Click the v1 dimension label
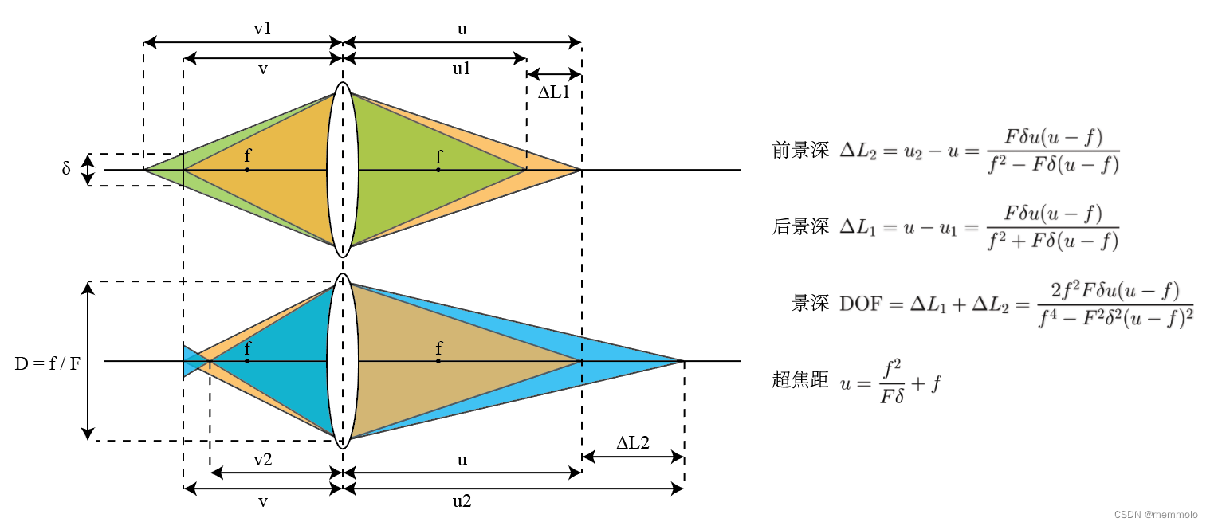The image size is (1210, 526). tap(262, 29)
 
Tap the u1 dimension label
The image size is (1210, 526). tap(462, 69)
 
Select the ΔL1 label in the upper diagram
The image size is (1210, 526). tap(554, 92)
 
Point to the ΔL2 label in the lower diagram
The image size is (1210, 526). tap(633, 443)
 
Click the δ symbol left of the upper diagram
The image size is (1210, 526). tap(66, 169)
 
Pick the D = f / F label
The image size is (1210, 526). tap(47, 365)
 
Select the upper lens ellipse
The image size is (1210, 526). tap(343, 169)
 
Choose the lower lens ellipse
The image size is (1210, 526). tap(343, 361)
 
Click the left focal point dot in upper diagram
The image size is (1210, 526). tap(247, 170)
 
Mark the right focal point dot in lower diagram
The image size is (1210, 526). tap(438, 361)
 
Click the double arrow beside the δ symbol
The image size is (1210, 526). tap(88, 169)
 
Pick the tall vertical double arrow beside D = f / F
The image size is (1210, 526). tap(88, 361)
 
